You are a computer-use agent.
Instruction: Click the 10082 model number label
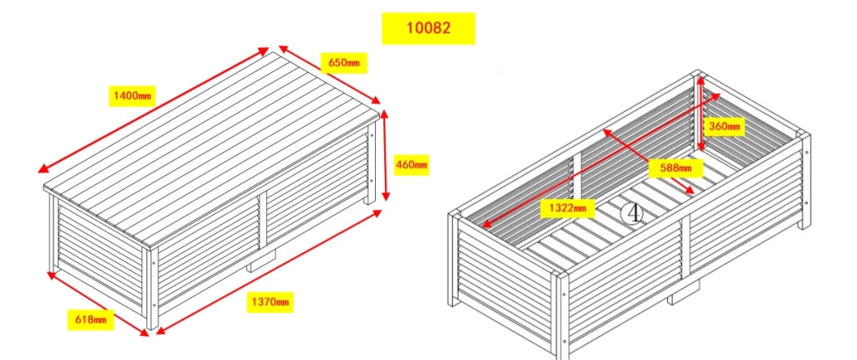coord(428,28)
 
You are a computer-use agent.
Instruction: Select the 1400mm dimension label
coord(131,97)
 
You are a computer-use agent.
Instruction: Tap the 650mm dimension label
coord(344,63)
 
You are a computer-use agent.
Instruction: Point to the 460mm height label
coord(412,164)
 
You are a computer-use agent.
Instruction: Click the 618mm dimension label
coord(90,320)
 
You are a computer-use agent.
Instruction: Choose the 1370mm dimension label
coord(270,301)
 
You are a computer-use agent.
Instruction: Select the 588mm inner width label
coord(675,168)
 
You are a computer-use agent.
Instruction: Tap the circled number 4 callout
coord(633,213)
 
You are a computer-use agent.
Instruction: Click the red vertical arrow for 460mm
coord(385,156)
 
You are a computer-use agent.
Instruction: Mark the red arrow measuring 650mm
coord(330,75)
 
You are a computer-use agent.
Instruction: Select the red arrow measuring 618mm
coord(98,303)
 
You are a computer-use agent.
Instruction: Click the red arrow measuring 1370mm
coord(269,271)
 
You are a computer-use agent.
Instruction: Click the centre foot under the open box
coord(685,293)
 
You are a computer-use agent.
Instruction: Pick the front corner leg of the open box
coord(561,315)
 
